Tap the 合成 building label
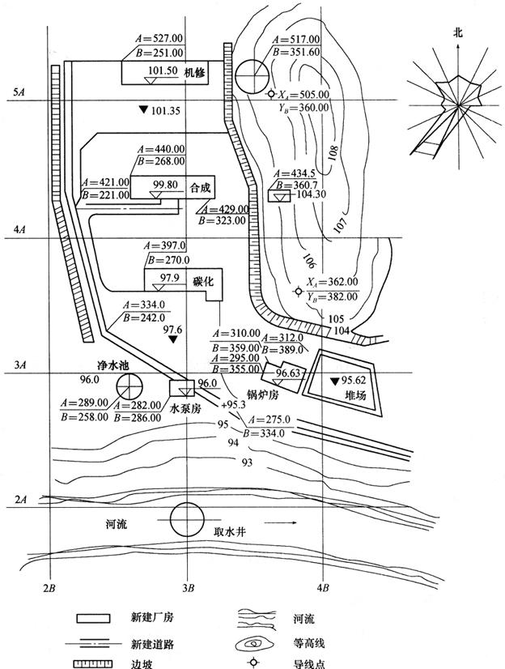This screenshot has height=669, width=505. [200, 187]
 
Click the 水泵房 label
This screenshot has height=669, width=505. [185, 410]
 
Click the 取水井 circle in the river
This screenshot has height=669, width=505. [186, 519]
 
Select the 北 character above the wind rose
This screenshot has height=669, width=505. [458, 33]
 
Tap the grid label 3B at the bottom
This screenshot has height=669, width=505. [188, 586]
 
